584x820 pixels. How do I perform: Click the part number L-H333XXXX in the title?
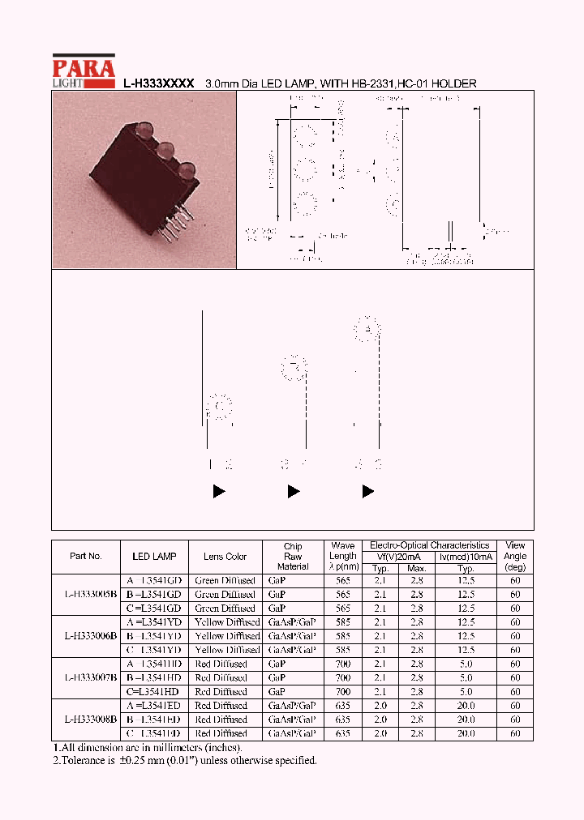click(x=159, y=83)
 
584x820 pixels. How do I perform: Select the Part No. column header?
click(x=86, y=557)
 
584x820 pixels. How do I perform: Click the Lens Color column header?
click(x=225, y=557)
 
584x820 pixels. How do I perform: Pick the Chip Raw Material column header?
click(x=293, y=557)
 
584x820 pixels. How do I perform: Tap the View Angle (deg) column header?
click(x=515, y=557)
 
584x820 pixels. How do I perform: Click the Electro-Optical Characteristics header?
click(x=429, y=546)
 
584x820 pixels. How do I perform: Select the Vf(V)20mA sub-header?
click(x=399, y=557)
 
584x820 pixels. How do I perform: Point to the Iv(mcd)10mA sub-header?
click(x=466, y=557)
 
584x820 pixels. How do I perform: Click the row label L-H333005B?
click(x=90, y=594)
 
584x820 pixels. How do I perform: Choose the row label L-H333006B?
click(x=90, y=636)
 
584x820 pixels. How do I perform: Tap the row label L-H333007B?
click(x=90, y=677)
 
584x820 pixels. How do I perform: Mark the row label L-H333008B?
click(x=90, y=720)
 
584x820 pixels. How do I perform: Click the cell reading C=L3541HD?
click(x=153, y=692)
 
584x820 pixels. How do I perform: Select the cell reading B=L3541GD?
click(x=153, y=594)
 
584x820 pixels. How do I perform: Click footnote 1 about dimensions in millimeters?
click(x=147, y=748)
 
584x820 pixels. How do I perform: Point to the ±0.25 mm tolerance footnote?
click(x=184, y=761)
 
